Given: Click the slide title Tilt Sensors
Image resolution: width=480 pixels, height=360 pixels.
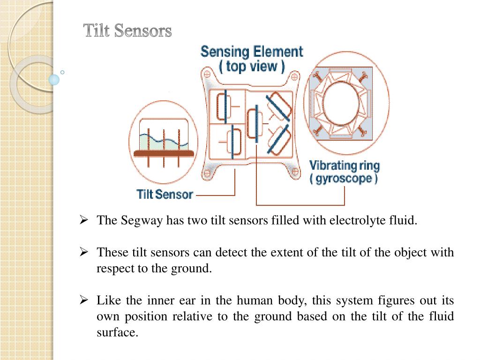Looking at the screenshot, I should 127,31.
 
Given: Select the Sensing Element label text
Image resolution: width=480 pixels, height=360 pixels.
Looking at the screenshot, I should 252,51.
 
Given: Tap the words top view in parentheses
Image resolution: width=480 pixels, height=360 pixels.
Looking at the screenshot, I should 252,66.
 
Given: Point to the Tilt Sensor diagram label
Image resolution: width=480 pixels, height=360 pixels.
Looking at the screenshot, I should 165,194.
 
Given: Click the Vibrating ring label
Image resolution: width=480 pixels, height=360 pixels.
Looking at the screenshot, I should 345,165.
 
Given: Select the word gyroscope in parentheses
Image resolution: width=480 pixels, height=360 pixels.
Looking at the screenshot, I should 344,179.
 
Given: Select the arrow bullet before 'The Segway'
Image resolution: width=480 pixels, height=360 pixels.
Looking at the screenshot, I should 84,220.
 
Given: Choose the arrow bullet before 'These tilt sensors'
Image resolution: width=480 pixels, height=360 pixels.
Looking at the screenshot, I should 84,252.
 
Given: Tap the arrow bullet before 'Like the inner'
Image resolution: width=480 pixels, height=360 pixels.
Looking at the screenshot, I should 84,300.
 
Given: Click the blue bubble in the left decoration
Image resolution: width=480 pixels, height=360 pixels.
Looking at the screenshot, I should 54,79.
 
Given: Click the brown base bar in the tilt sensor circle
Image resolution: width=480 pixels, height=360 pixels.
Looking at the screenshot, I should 164,153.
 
